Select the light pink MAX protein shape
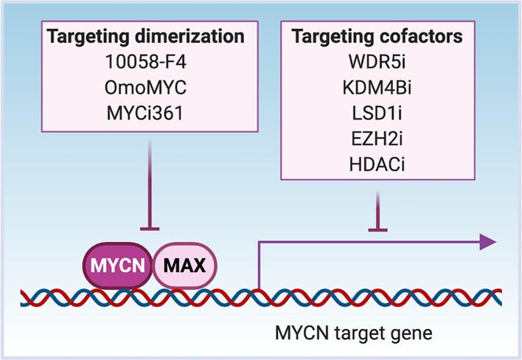(x=184, y=263)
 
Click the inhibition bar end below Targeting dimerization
(x=150, y=229)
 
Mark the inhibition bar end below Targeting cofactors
(x=377, y=229)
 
